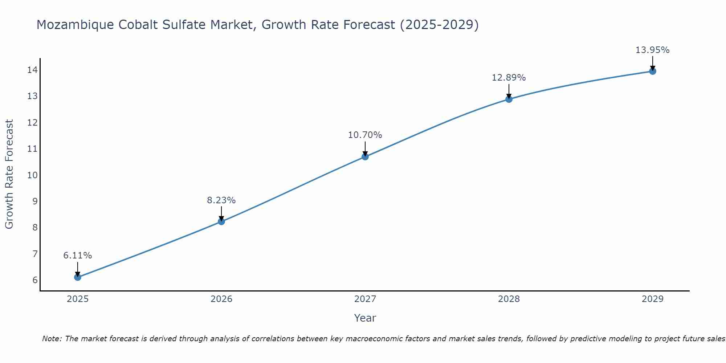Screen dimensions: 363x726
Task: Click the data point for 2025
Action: coord(78,277)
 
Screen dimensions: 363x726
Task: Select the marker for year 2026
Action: coord(221,221)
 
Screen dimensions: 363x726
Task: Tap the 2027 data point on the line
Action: coord(365,157)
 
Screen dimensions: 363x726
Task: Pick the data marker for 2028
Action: coord(509,99)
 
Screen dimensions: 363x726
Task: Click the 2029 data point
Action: coord(653,71)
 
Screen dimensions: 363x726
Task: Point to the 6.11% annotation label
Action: coord(78,256)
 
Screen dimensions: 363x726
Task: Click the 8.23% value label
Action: coord(221,200)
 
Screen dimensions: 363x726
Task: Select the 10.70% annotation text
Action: coord(365,135)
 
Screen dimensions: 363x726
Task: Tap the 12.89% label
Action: coord(509,78)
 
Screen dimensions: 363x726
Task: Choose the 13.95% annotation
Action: coord(652,50)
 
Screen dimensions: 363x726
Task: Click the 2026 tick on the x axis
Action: coord(221,299)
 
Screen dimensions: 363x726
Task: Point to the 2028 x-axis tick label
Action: coord(509,299)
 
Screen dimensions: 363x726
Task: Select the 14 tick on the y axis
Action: coord(32,70)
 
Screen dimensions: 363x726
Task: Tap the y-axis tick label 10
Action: coord(32,175)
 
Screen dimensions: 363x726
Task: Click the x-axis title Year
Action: coord(365,318)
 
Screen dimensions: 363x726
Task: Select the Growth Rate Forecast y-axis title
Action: coord(9,174)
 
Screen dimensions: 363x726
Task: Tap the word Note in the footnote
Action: coord(52,339)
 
